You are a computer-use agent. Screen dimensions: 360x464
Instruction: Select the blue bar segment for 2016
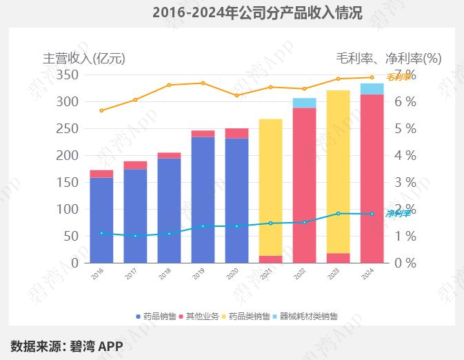coord(101,220)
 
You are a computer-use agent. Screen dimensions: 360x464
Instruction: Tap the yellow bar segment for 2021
coord(270,186)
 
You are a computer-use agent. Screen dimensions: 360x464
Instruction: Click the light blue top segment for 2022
coord(304,103)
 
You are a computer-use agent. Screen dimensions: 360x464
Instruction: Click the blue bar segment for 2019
coord(203,199)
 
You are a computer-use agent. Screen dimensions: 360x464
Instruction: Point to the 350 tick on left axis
coord(68,74)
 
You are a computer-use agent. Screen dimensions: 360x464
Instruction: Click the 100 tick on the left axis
coord(68,209)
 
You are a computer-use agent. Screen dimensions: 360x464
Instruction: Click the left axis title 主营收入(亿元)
coord(84,58)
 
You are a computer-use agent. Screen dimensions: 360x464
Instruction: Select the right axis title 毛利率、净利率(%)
coord(388,58)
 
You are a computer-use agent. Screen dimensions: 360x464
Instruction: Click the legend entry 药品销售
coord(157,317)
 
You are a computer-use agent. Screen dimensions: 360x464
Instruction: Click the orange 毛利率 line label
coord(399,77)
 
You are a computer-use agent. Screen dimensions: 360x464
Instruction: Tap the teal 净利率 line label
coord(398,214)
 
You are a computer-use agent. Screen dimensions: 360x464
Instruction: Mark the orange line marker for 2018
coord(169,85)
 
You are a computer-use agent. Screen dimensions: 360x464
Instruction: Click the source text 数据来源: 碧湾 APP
coord(66,345)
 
